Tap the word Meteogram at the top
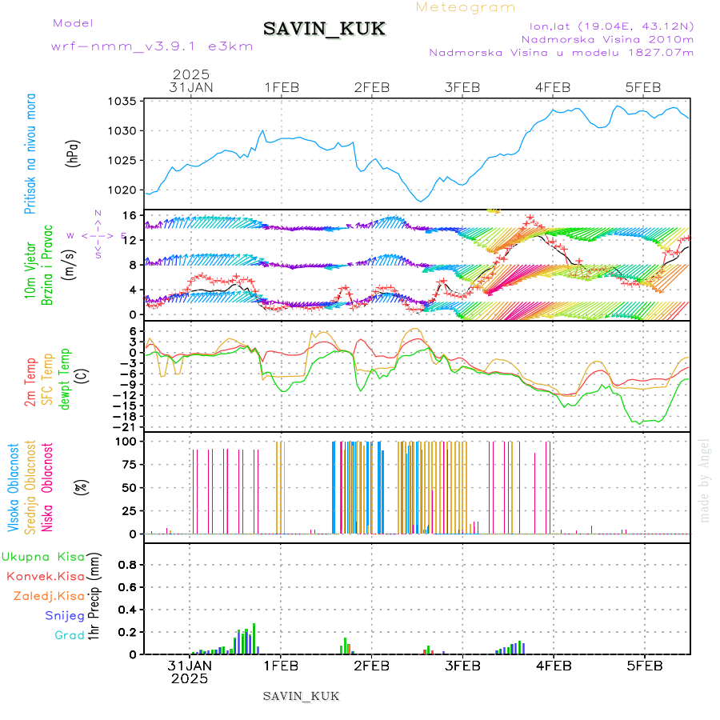[466, 7]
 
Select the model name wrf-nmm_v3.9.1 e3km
[152, 46]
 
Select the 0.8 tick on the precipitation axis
[128, 564]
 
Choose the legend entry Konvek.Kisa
[46, 576]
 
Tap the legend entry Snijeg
[64, 615]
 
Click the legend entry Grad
[69, 635]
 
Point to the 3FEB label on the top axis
[462, 87]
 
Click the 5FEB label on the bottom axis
[644, 665]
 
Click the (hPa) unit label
[74, 154]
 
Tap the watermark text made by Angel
[705, 480]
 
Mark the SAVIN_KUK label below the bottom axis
[302, 696]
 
